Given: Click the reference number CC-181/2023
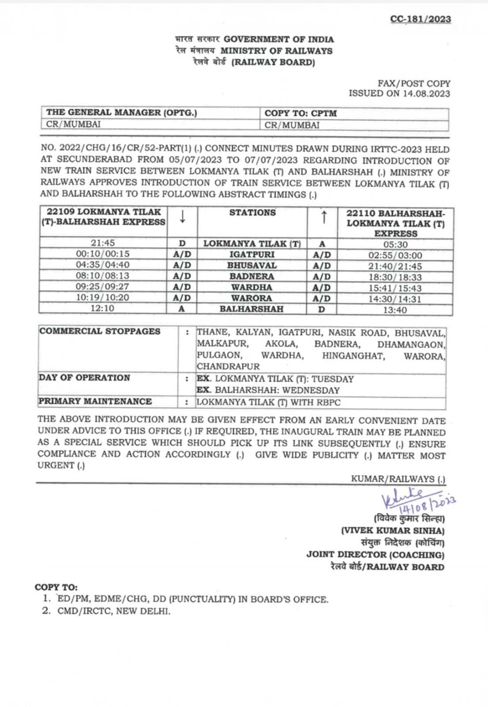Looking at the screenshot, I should (x=420, y=19).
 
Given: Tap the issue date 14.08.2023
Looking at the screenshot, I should (x=426, y=94).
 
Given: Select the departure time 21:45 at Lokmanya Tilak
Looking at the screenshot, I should (x=103, y=243).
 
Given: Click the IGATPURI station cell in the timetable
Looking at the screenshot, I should (x=252, y=255).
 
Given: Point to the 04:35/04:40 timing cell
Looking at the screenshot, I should (x=103, y=265).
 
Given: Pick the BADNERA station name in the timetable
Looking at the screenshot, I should (x=252, y=276).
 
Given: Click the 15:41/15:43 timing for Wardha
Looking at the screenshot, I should (x=395, y=288).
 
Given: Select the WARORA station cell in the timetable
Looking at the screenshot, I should (x=252, y=298).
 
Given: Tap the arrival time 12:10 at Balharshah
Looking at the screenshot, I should (x=102, y=308).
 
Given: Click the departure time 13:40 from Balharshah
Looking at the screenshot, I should (x=395, y=310).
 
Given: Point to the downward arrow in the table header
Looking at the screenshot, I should (x=182, y=217).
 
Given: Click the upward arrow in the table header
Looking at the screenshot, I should (x=323, y=217).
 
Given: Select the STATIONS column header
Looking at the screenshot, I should (x=252, y=213).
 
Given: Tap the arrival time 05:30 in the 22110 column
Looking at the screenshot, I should (x=395, y=244).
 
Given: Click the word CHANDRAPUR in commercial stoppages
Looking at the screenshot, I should (x=228, y=366).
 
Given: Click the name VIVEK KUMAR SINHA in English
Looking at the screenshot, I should (x=393, y=531).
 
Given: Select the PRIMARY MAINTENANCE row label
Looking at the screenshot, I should (x=95, y=401).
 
